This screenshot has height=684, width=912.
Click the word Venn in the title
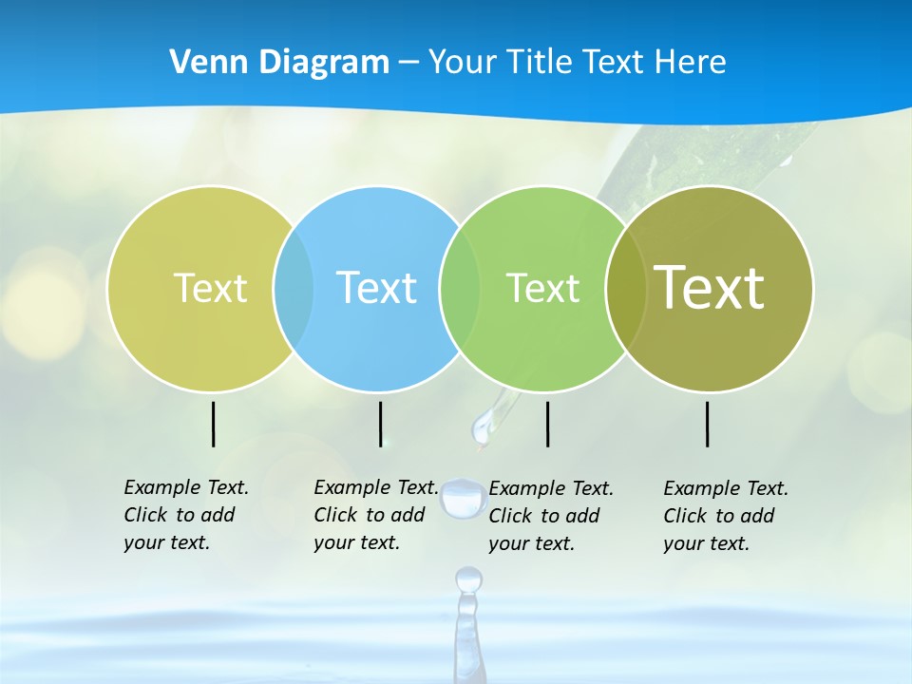(202, 63)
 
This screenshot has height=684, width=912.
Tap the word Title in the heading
(539, 63)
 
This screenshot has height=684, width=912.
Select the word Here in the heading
(690, 63)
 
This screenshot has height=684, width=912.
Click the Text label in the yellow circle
(210, 288)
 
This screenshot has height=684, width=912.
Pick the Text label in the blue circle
(377, 288)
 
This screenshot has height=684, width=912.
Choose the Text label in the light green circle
(542, 288)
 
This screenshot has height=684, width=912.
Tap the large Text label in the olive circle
(710, 288)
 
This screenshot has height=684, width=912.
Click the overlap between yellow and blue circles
(294, 288)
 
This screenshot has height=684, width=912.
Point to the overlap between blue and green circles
(460, 288)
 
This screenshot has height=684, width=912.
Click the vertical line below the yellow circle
(214, 424)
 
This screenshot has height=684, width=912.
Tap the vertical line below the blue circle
(380, 424)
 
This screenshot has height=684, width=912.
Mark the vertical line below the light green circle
(548, 424)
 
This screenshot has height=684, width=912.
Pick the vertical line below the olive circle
(708, 424)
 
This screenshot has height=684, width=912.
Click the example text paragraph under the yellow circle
(185, 515)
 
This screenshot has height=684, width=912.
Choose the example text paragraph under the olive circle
(725, 516)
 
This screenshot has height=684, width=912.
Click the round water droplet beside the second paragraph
(462, 498)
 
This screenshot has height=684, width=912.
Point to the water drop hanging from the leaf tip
(484, 427)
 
